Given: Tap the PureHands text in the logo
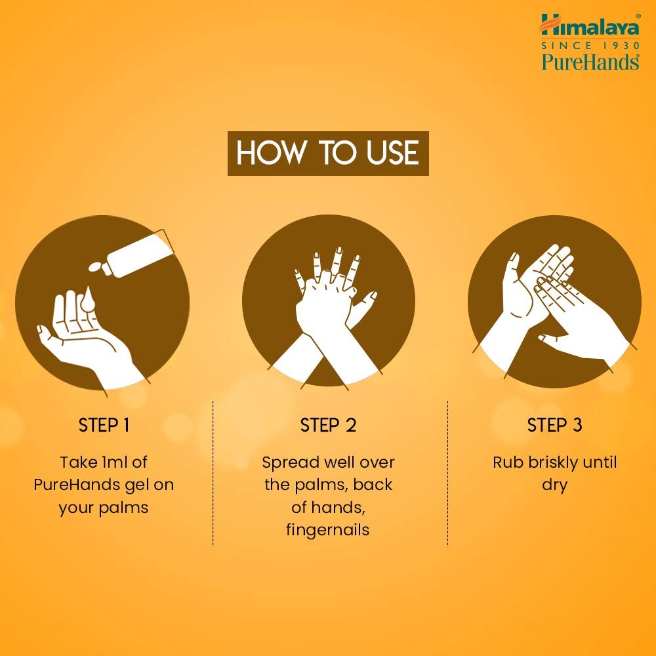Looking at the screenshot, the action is click(x=590, y=62).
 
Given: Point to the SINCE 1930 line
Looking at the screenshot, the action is click(x=590, y=45).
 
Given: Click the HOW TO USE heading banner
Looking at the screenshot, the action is click(x=328, y=153).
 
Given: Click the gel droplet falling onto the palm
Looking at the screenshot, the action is click(x=88, y=299).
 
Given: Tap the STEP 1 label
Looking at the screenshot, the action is click(x=104, y=425).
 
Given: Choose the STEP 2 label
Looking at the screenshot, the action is click(x=328, y=425).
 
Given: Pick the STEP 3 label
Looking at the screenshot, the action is click(x=554, y=425).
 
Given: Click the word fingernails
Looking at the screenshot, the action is click(x=327, y=530).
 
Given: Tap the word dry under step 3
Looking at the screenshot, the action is click(x=554, y=486).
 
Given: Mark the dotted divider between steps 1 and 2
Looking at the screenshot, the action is click(x=213, y=474).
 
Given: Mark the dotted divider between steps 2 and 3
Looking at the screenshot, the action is click(x=447, y=474).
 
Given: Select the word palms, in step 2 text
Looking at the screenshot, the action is click(x=321, y=485).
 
